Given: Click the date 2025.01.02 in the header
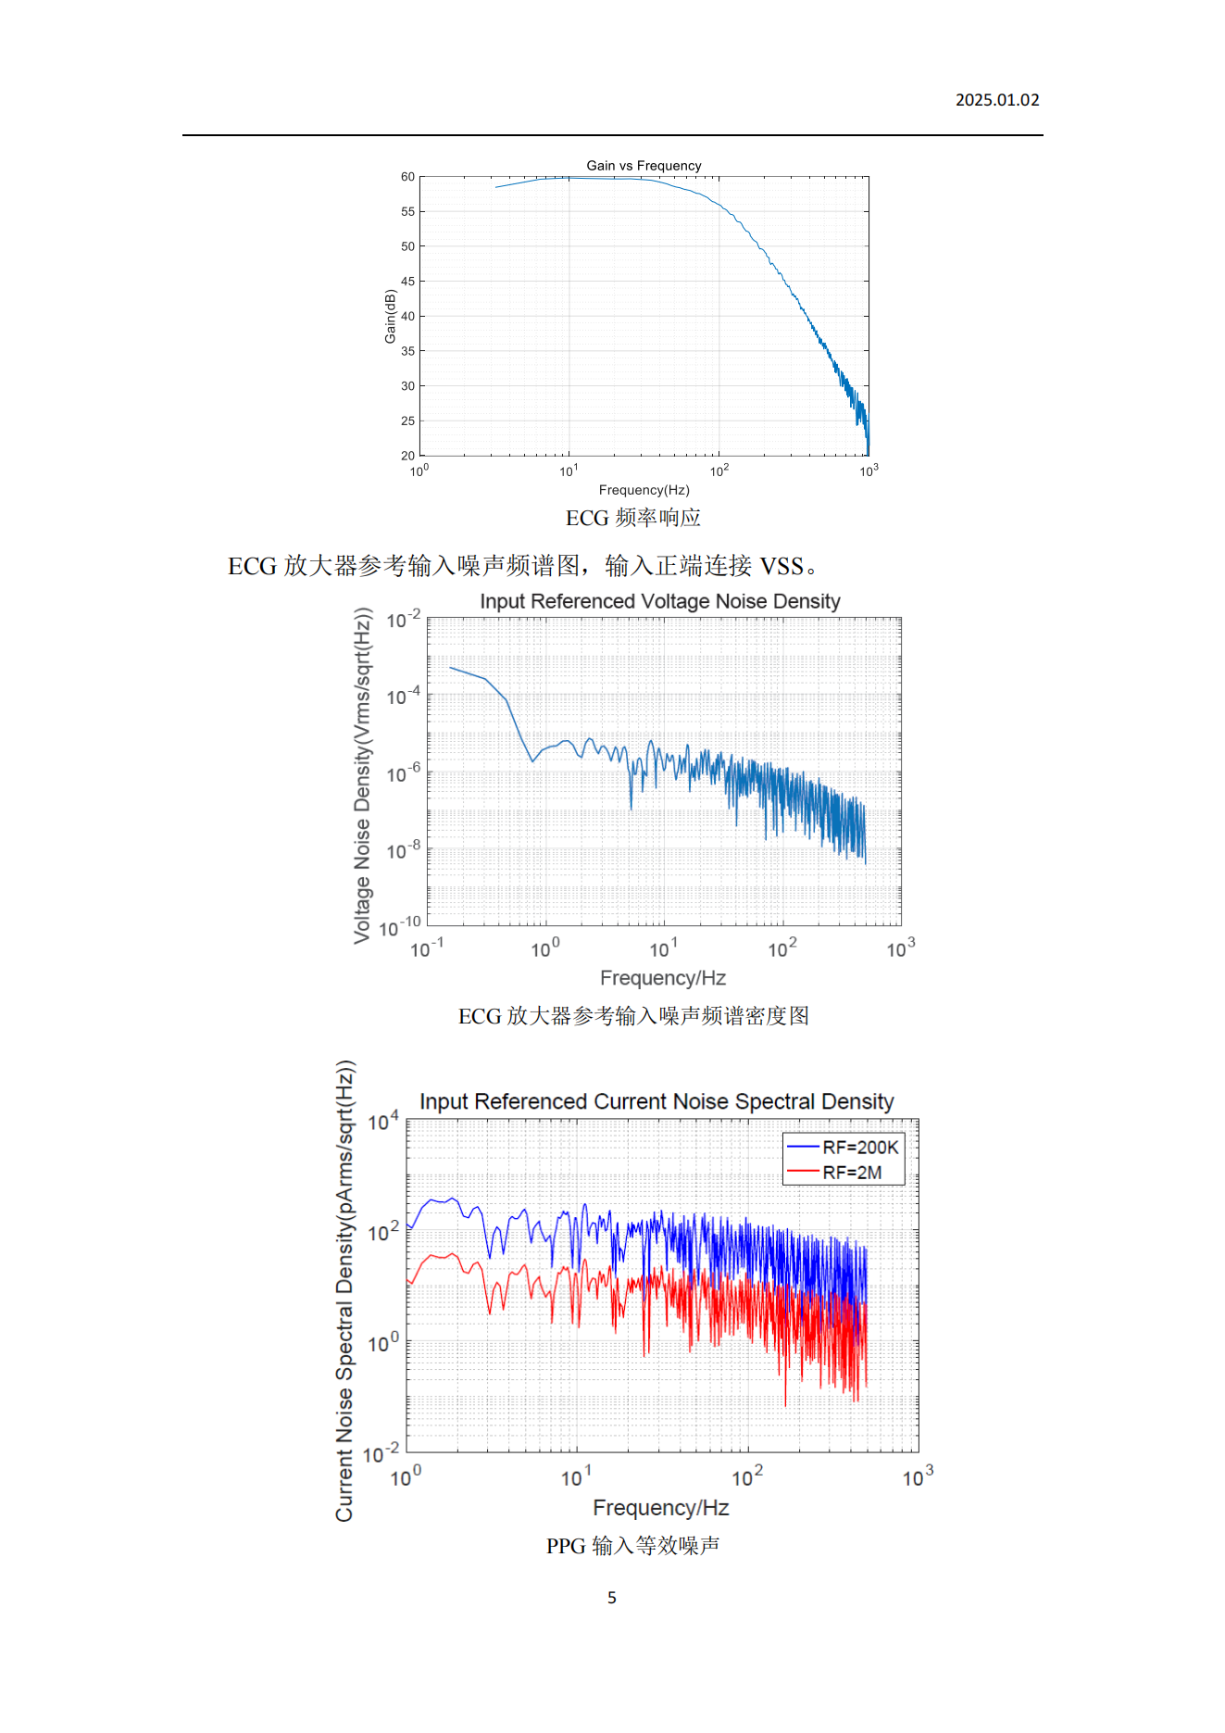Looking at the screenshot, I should click(x=996, y=100).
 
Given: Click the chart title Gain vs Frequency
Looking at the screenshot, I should click(x=644, y=166).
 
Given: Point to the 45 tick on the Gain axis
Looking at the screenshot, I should click(x=407, y=282).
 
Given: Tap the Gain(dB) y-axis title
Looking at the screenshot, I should click(x=391, y=317).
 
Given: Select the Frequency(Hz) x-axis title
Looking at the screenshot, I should click(x=644, y=490).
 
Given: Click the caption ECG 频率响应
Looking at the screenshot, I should click(x=633, y=518).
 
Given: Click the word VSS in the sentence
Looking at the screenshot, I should click(x=781, y=566).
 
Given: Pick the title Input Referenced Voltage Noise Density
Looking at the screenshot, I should click(x=659, y=602).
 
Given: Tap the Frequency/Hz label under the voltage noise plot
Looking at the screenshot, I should click(x=662, y=978).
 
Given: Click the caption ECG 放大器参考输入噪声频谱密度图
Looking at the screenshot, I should click(x=633, y=1016).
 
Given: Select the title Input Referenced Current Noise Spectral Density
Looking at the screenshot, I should click(x=656, y=1102).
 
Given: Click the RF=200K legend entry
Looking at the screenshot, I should click(x=859, y=1148).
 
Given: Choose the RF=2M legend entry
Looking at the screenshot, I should click(x=852, y=1173).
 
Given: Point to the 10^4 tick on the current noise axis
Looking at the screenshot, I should click(x=383, y=1123).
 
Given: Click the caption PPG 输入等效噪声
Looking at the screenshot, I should click(x=632, y=1546).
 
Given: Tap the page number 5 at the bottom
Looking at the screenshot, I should click(x=612, y=1598).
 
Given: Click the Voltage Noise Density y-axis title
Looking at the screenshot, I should click(x=362, y=776).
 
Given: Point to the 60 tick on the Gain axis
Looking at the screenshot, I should click(x=407, y=177).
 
